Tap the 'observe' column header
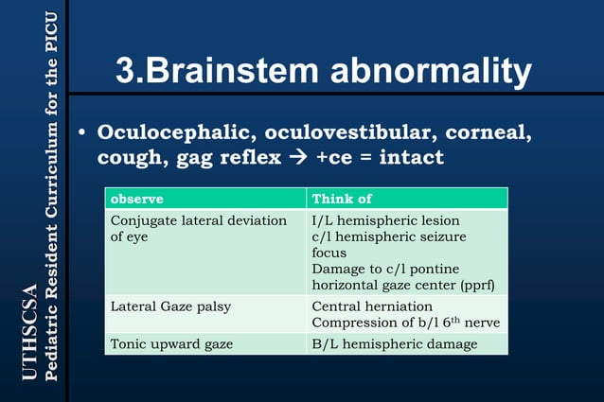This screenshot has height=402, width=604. pyautogui.click(x=137, y=200)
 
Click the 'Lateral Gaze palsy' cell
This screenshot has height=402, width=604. pyautogui.click(x=171, y=306)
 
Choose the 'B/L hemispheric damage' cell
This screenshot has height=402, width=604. pyautogui.click(x=395, y=343)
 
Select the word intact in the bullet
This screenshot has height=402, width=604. pyautogui.click(x=411, y=157)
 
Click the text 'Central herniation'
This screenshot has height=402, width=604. pyautogui.click(x=372, y=306)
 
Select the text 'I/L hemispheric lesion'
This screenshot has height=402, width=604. pyautogui.click(x=384, y=220)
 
